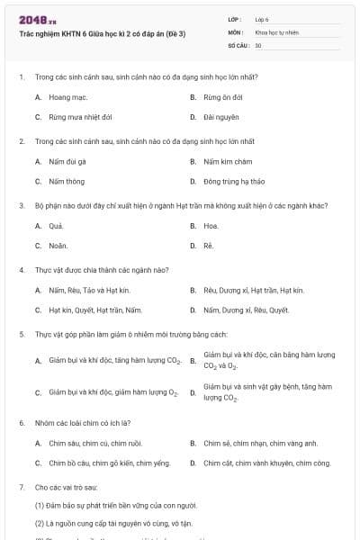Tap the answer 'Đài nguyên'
coord(221,117)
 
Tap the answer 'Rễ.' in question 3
coord(209,245)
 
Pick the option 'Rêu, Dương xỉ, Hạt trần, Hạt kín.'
coord(254,290)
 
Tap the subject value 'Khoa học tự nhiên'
coord(275,31)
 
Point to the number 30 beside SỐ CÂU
coord(258,44)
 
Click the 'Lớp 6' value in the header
coord(262,19)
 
